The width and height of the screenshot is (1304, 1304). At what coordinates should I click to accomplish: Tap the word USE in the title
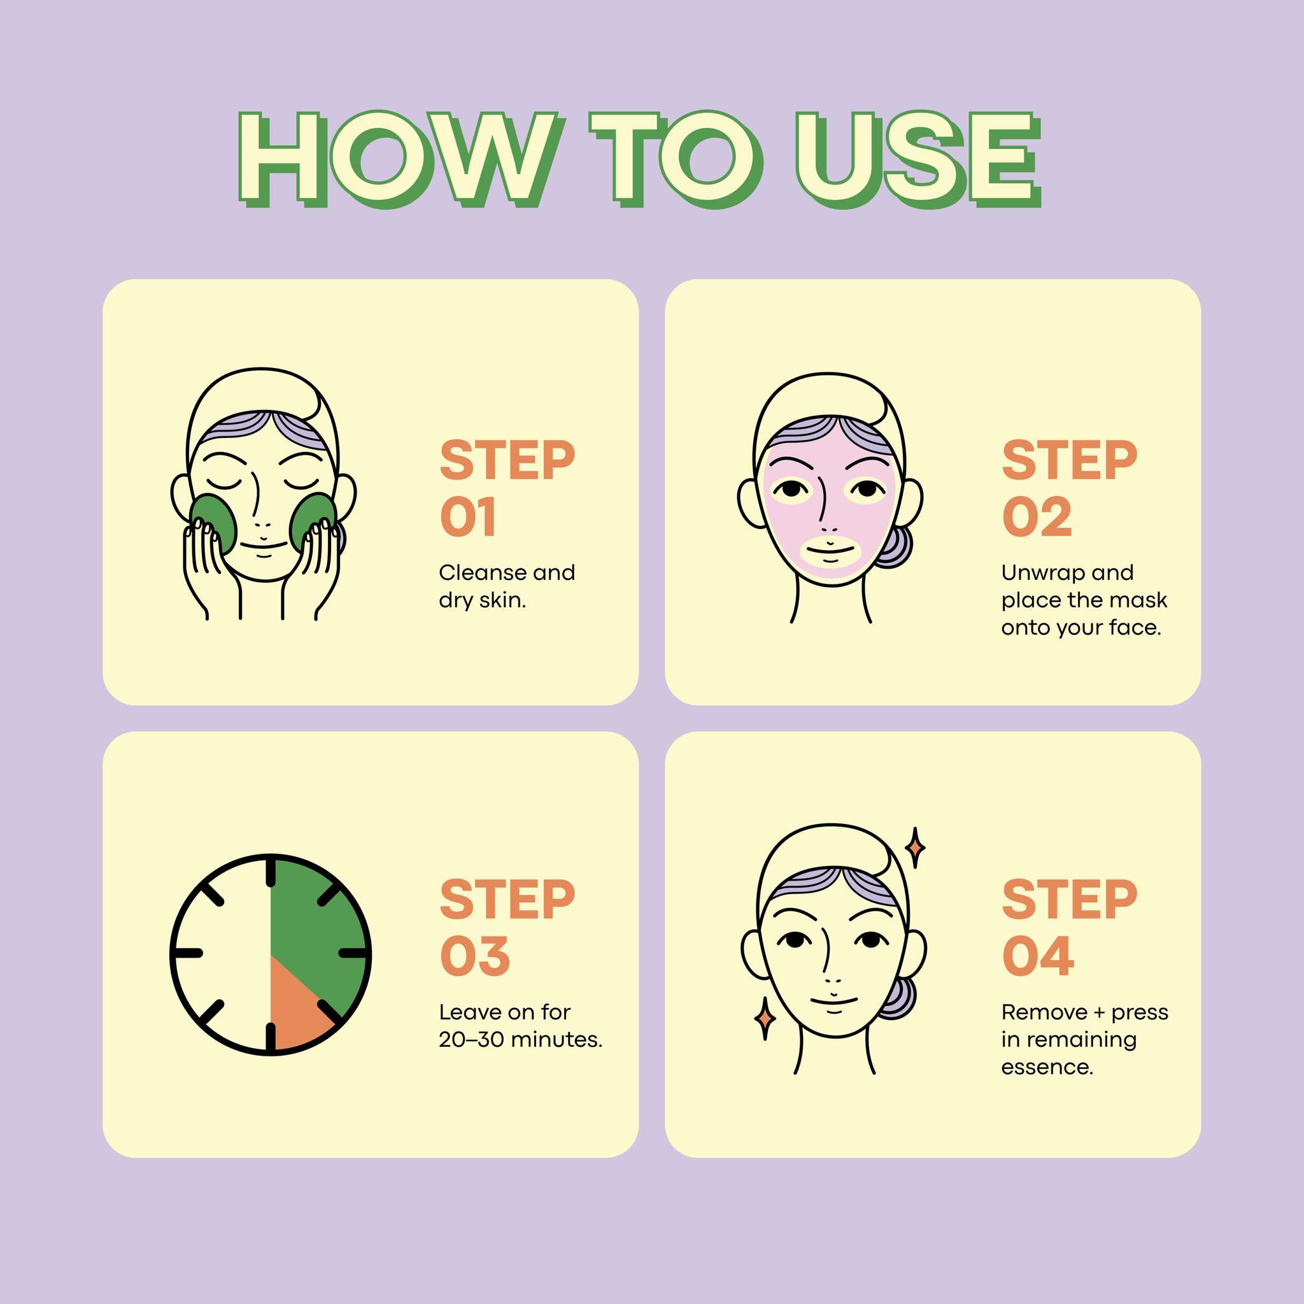pos(919,159)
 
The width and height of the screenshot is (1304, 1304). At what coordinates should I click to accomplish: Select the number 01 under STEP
pos(469,517)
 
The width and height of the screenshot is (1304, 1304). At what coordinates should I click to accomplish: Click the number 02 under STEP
pos(1037,517)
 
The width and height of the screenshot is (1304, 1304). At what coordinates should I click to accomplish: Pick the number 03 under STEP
pos(475,956)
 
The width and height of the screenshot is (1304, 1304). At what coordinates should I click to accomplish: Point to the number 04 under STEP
pos(1038,956)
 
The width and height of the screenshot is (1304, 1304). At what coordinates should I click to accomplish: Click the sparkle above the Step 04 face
pos(915,847)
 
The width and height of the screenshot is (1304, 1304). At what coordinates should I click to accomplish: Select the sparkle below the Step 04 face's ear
pos(765,1019)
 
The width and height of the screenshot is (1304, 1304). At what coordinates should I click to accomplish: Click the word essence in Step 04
pos(1047,1068)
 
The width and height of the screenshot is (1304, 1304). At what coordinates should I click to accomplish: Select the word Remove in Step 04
pos(1044,1012)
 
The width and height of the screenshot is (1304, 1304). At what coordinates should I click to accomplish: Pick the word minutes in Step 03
pos(557,1039)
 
